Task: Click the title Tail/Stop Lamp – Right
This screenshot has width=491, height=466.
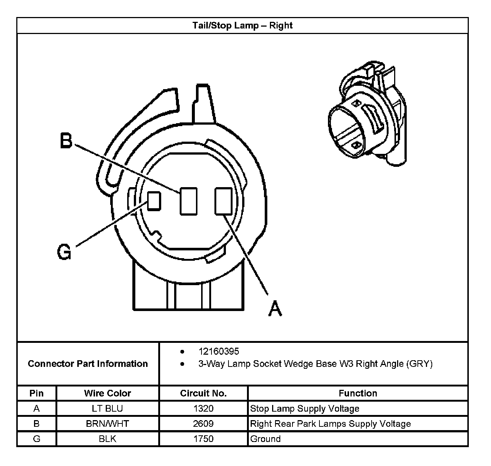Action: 242,26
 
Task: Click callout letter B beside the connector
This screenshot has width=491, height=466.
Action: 66,141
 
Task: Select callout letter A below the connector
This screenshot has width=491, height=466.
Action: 275,308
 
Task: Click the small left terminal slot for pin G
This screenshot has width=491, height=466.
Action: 154,201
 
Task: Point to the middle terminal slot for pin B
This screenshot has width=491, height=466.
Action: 189,201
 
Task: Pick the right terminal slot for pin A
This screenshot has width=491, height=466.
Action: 224,201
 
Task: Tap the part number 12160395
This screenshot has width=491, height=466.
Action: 219,351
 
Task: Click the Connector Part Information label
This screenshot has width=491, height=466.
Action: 88,364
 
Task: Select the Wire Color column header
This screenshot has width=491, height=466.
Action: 108,393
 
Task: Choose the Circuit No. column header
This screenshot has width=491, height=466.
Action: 203,393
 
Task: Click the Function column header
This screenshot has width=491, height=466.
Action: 358,393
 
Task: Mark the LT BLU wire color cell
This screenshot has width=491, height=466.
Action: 108,408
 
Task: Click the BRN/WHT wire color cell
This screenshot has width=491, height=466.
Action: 108,423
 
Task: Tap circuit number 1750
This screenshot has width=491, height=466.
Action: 203,439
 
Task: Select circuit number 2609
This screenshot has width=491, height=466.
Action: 203,423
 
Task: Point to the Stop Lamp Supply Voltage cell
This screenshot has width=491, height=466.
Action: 305,408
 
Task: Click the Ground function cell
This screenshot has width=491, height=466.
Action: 265,439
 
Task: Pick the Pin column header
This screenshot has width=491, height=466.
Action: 36,393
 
